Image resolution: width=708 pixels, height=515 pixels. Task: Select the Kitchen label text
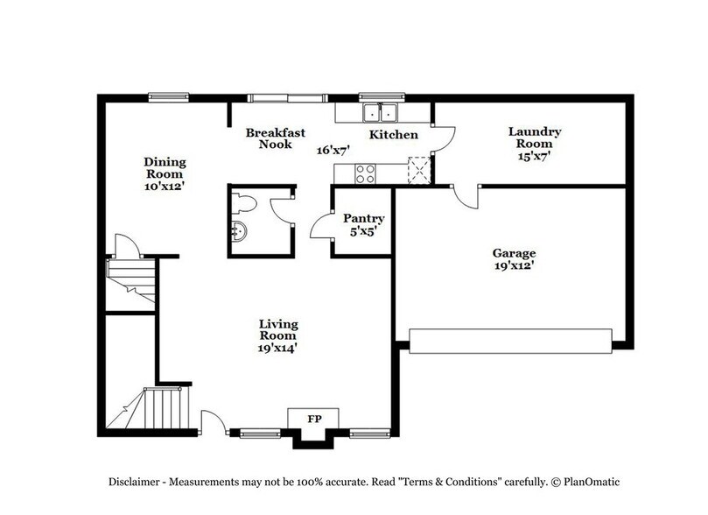click(393, 135)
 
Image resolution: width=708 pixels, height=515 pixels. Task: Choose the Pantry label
click(363, 218)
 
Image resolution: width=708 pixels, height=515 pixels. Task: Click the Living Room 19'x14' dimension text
click(277, 348)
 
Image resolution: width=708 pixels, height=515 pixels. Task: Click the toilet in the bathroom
click(244, 205)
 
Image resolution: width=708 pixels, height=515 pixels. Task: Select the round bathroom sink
click(238, 233)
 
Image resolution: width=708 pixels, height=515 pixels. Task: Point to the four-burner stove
click(365, 173)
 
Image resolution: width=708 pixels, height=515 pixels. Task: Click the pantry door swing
click(320, 227)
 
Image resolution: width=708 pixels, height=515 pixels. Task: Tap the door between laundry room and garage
click(466, 195)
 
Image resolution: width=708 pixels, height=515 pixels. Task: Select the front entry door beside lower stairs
click(211, 421)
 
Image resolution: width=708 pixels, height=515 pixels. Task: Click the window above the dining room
click(166, 97)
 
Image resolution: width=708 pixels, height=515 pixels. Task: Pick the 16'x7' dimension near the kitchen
click(333, 150)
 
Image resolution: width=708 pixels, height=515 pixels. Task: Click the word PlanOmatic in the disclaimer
click(585, 482)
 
